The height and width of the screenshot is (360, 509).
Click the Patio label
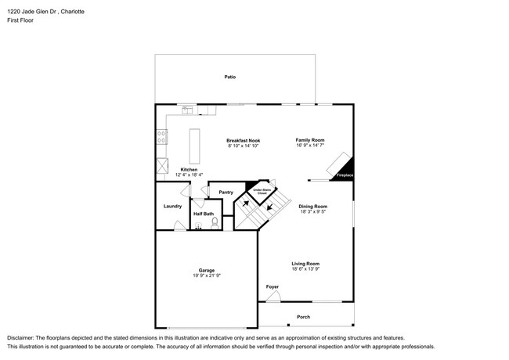(x=230, y=77)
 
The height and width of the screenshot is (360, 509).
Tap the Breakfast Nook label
(x=243, y=140)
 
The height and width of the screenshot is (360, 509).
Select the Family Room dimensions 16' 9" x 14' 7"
(x=309, y=146)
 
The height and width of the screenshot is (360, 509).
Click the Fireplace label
(x=345, y=175)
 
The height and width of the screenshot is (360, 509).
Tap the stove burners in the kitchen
(x=162, y=137)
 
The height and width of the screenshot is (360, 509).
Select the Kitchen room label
(x=190, y=169)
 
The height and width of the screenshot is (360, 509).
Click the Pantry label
(x=226, y=192)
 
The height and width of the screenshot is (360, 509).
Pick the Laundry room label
(x=172, y=207)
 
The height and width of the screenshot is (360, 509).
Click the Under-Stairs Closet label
(x=256, y=190)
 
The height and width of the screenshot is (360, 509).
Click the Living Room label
(x=305, y=264)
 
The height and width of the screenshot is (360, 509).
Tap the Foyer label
(x=272, y=287)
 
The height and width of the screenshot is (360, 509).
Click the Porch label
(x=303, y=317)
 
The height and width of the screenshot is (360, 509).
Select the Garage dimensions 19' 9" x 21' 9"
(x=207, y=275)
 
